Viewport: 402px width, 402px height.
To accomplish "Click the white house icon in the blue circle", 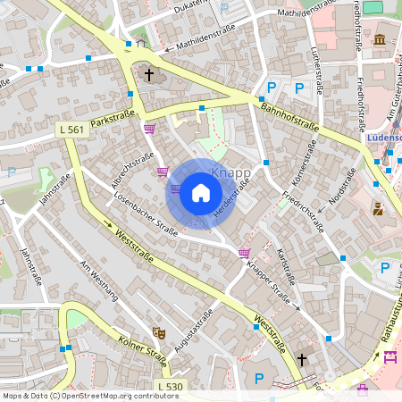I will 201,193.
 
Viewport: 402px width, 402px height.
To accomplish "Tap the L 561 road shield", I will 71,130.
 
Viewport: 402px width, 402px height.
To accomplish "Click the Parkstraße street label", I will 112,119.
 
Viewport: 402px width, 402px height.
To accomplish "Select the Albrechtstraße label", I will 132,169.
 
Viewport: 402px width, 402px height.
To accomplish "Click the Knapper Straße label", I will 270,282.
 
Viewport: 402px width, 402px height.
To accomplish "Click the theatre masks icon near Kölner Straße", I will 159,333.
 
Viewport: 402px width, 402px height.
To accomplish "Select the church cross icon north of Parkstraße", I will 149,75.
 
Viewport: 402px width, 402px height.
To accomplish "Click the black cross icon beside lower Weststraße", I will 302,359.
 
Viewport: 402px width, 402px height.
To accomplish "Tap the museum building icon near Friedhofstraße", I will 380,39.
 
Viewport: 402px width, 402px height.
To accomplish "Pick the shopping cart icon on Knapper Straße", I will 244,254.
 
